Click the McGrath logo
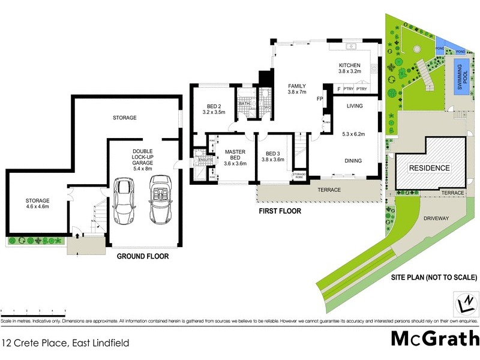434,338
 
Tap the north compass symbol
466,302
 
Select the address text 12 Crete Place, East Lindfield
65,344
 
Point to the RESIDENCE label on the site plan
429,168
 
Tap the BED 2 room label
213,109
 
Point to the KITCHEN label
349,68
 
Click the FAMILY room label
296,89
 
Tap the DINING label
352,160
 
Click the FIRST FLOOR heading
280,211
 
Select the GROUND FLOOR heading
143,256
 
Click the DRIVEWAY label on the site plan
436,218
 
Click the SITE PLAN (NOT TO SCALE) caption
434,278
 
